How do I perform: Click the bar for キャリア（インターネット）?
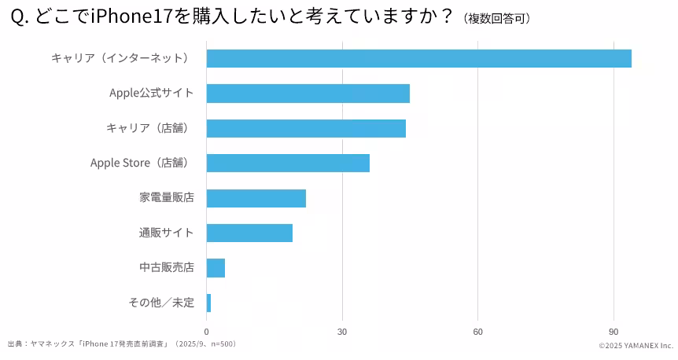[x=418, y=58]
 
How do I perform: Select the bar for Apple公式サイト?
[x=308, y=93]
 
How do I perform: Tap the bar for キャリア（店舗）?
[x=306, y=128]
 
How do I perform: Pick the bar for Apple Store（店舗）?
[x=288, y=163]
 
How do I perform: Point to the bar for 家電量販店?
[x=256, y=198]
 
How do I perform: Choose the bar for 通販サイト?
[x=249, y=233]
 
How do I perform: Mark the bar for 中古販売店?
[x=216, y=268]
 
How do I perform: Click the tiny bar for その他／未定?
[x=208, y=303]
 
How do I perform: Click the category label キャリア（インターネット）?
[x=120, y=58]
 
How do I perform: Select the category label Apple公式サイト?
[x=151, y=93]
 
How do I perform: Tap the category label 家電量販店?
[x=167, y=198]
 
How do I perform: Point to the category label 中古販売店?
[x=167, y=268]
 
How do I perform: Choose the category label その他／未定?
[x=161, y=303]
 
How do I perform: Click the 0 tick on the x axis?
[x=207, y=332]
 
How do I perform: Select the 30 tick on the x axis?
[x=342, y=332]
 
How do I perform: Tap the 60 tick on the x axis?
[x=477, y=332]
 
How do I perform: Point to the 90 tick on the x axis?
[x=614, y=332]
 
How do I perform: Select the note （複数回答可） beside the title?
[x=497, y=18]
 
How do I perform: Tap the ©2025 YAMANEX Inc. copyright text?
[x=636, y=346]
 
